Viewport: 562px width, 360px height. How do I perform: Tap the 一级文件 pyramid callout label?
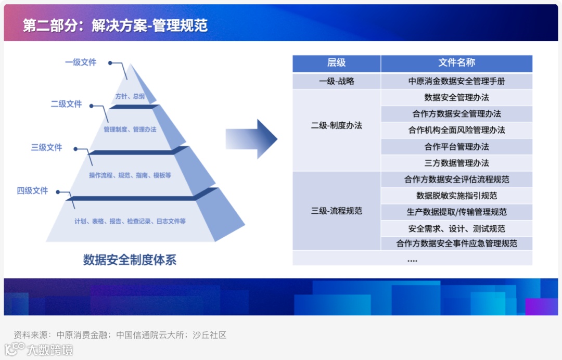click(81, 62)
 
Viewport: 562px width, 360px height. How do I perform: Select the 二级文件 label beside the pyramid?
click(66, 104)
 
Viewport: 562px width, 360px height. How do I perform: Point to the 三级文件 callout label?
click(46, 148)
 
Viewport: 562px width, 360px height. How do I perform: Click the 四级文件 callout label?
click(32, 191)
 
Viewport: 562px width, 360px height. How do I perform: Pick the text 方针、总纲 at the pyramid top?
click(130, 96)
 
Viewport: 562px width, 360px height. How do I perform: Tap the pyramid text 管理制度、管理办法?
click(130, 130)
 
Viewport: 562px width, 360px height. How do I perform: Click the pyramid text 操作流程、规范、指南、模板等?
click(130, 176)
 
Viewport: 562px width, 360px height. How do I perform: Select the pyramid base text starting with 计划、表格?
click(130, 222)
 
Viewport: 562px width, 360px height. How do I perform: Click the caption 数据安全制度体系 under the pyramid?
click(130, 260)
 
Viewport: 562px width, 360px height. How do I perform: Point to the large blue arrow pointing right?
click(251, 139)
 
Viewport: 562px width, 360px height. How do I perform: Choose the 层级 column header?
click(336, 63)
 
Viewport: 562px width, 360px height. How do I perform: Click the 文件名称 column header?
click(456, 63)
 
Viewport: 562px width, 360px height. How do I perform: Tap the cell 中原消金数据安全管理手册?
click(456, 81)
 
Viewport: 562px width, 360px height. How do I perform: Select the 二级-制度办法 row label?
click(336, 125)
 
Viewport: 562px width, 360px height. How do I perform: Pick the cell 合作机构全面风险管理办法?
click(456, 130)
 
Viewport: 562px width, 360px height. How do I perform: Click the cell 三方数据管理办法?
click(456, 163)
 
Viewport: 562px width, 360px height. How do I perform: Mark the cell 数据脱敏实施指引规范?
click(456, 196)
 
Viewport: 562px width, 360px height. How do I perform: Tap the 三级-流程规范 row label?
click(336, 211)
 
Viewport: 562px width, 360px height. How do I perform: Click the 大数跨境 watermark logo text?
click(50, 350)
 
